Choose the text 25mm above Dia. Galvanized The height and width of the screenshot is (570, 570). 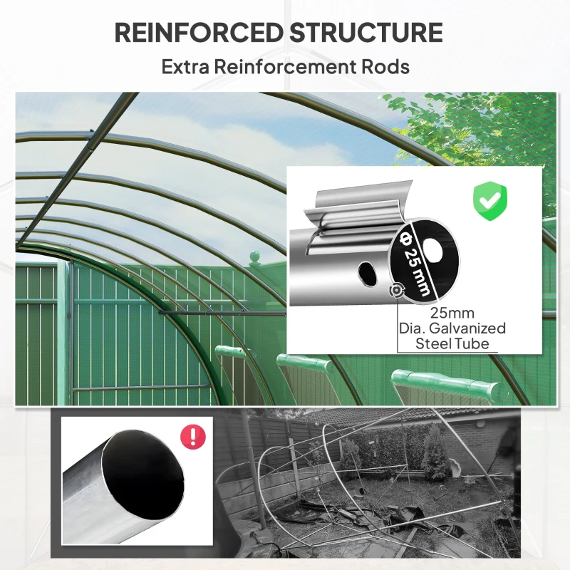coord(452,313)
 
